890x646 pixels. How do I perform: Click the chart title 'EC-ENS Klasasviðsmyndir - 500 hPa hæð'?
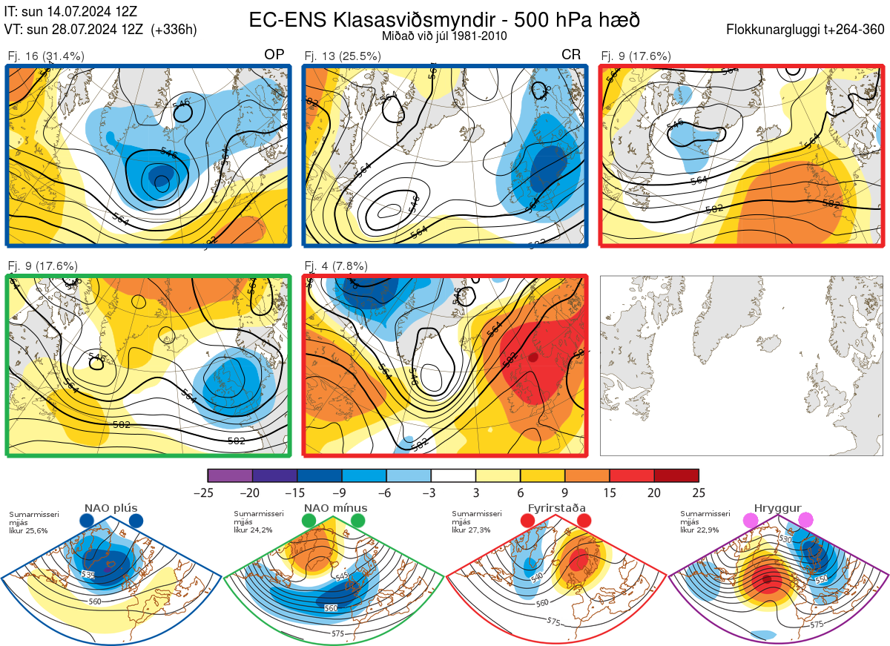444,20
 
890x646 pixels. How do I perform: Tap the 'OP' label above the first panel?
274,55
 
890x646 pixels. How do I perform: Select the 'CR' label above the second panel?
570,55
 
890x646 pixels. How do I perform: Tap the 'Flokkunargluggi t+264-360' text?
807,30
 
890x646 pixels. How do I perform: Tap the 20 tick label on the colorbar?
654,492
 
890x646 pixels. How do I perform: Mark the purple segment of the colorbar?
230,475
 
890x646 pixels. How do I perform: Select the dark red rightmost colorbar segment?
676,475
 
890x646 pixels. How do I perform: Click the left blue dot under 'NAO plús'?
87,521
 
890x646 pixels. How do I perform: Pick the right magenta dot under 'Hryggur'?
805,521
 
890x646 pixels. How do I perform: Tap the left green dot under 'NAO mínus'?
309,521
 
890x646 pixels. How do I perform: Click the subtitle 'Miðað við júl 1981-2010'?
444,36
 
